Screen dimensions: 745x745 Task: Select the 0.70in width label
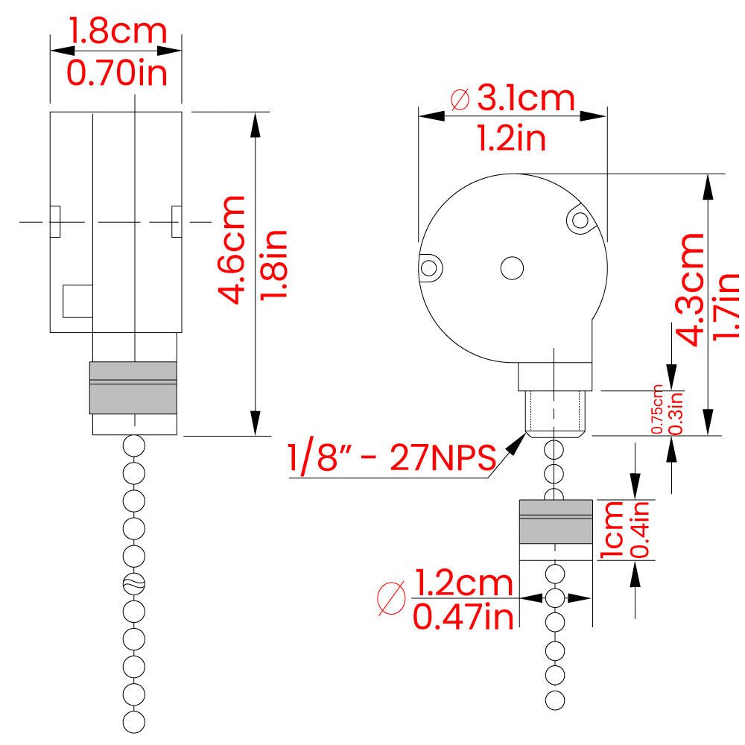point(117,73)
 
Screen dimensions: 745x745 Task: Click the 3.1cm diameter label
point(526,98)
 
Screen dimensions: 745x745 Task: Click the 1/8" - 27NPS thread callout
point(392,457)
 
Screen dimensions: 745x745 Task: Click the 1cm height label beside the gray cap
point(613,530)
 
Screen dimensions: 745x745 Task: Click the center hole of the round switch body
point(512,267)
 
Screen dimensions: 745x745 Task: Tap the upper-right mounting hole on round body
point(578,219)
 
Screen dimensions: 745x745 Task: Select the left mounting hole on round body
point(428,267)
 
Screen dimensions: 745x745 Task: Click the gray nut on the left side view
point(133,387)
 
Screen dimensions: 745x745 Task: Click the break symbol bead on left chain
point(133,583)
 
